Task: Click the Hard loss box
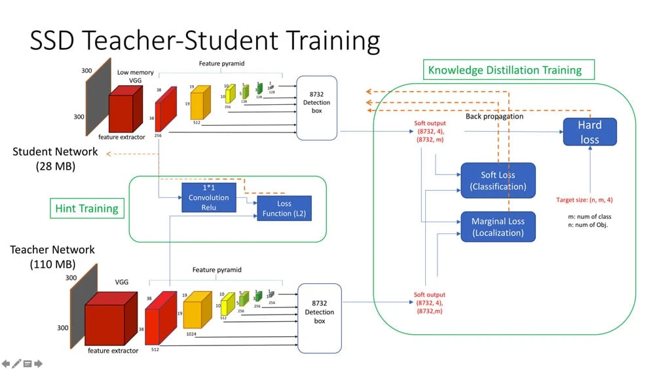[x=589, y=132]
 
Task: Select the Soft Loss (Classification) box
[x=498, y=181]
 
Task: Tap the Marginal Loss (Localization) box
[x=498, y=227]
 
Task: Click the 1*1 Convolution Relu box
[x=208, y=198]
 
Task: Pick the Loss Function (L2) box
[x=284, y=208]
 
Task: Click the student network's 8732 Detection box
[x=317, y=108]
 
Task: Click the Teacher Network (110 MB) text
[x=52, y=257]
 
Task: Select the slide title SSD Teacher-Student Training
[x=204, y=41]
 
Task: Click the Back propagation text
[x=495, y=116]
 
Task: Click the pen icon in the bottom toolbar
[x=16, y=363]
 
